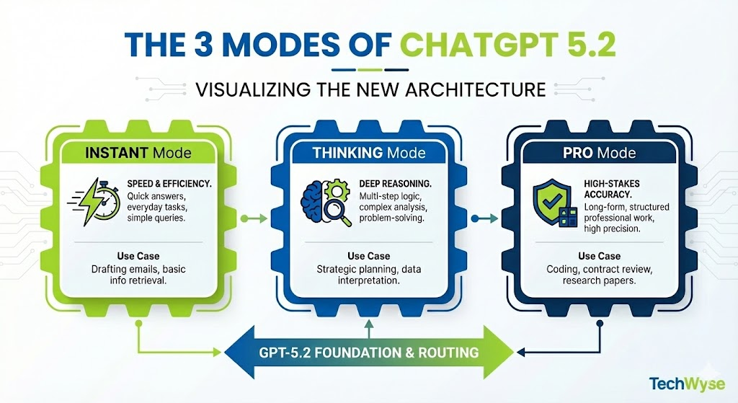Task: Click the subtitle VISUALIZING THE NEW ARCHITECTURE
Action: (368, 91)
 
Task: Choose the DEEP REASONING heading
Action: (394, 184)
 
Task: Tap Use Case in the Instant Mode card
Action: (138, 255)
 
